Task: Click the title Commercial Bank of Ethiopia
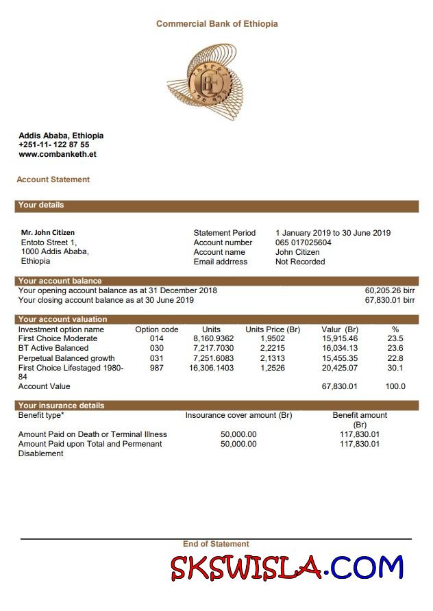(216, 24)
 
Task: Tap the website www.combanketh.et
(57, 154)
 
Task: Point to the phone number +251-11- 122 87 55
(53, 145)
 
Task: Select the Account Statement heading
(53, 179)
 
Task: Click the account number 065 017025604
(303, 242)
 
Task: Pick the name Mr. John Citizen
(47, 233)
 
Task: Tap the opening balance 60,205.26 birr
(389, 290)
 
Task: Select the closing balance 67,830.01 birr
(389, 300)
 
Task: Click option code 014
(156, 338)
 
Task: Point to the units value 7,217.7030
(213, 348)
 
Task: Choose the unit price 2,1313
(272, 358)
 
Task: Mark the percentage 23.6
(395, 348)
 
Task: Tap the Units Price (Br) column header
(272, 329)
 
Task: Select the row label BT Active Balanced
(53, 348)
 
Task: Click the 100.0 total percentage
(395, 386)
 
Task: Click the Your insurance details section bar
(216, 406)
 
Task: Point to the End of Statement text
(216, 544)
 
